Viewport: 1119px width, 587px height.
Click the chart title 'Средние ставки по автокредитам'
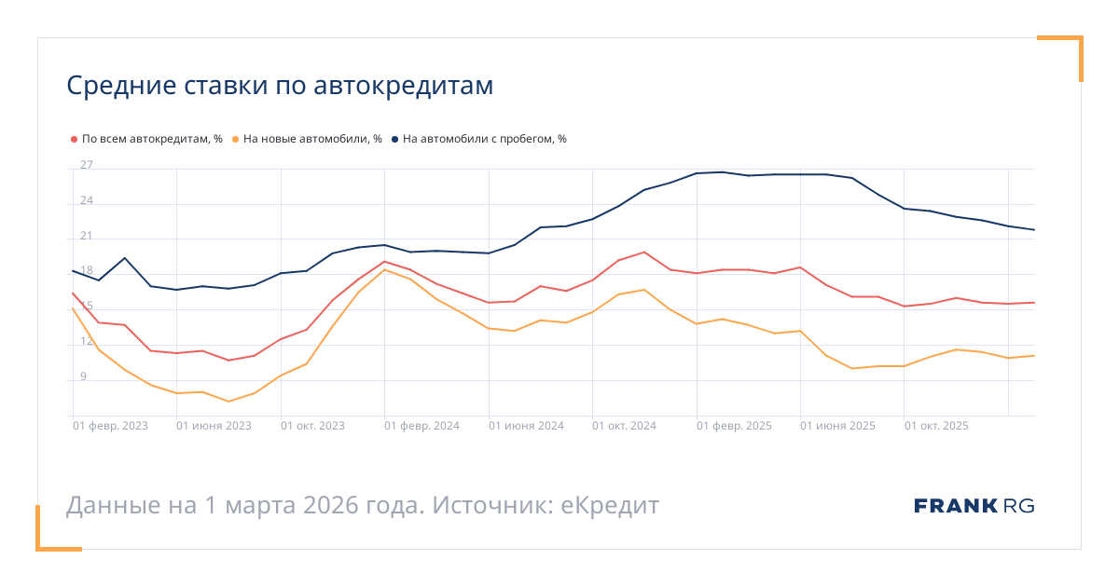click(x=280, y=86)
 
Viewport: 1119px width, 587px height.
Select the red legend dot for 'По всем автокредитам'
click(x=74, y=139)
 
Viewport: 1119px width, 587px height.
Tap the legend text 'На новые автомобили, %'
click(x=312, y=139)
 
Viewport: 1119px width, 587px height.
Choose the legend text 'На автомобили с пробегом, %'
click(x=485, y=139)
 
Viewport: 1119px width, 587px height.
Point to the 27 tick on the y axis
click(x=87, y=166)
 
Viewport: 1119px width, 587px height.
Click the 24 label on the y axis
click(x=87, y=201)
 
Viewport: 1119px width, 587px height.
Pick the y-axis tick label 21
click(x=87, y=237)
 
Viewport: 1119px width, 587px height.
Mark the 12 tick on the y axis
click(x=87, y=342)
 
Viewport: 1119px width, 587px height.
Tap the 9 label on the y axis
click(x=83, y=377)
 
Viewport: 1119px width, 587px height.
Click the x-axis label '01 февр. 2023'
click(x=111, y=426)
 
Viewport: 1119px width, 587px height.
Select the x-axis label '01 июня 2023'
click(x=214, y=426)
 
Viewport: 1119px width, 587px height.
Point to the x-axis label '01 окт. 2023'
click(x=313, y=426)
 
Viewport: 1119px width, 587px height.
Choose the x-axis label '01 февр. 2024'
click(x=421, y=426)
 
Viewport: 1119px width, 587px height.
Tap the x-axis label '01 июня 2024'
click(x=526, y=426)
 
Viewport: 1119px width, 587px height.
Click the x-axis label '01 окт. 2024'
click(x=625, y=426)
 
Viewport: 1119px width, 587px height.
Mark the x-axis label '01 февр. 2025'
click(x=734, y=426)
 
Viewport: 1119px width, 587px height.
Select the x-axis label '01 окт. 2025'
click(x=936, y=426)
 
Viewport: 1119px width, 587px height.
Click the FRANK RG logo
click(x=974, y=506)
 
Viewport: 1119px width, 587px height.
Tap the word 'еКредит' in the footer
click(x=610, y=506)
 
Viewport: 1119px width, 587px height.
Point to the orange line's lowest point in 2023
click(x=228, y=402)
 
